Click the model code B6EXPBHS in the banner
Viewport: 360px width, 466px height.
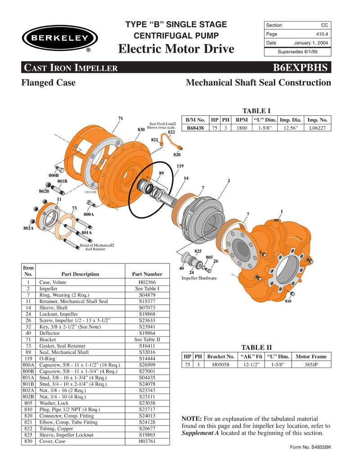301,68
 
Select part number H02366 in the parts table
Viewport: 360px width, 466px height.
147,282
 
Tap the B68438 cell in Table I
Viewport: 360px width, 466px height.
195,128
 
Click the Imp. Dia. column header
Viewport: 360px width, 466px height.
291,120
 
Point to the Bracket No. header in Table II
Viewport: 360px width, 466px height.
221,356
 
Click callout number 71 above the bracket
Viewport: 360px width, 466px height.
121,118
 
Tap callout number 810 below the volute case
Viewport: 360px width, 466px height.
288,301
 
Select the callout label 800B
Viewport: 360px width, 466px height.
54,175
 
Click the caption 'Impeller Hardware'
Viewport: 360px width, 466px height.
199,278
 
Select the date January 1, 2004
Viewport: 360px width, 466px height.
310,43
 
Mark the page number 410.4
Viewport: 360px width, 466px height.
321,34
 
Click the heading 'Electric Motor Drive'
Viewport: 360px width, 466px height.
176,49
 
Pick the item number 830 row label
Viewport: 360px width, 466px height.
28,441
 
